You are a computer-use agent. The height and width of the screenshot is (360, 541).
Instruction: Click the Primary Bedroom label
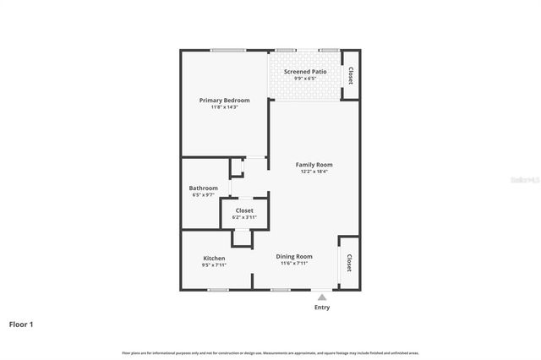(224, 101)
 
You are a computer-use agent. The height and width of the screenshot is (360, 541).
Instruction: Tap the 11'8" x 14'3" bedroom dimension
(224, 107)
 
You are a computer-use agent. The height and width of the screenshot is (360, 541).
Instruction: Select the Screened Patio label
(305, 72)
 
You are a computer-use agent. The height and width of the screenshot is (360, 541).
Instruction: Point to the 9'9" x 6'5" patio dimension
(305, 79)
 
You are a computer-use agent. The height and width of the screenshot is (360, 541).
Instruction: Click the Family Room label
(314, 164)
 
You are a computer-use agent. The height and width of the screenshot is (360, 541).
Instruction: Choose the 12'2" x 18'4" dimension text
(314, 172)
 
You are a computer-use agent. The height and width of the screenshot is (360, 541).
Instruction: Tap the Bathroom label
(203, 188)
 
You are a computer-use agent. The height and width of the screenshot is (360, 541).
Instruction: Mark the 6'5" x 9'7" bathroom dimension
(203, 195)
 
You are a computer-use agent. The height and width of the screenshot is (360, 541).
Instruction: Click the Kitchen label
(214, 258)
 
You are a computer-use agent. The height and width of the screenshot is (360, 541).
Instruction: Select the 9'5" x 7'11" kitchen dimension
(214, 265)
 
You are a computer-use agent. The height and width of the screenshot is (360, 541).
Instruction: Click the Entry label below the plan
(322, 307)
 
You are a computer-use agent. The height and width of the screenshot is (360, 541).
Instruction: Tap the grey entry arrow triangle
(322, 296)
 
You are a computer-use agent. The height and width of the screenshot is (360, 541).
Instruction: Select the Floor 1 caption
(21, 324)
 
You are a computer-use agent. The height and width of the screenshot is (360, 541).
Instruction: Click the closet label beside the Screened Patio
(350, 75)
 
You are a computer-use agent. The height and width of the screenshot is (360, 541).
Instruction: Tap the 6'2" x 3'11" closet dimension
(244, 217)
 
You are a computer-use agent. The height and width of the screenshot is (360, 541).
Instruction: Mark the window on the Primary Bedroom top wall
(228, 50)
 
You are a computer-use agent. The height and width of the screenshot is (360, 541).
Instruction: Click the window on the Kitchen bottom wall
(218, 290)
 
